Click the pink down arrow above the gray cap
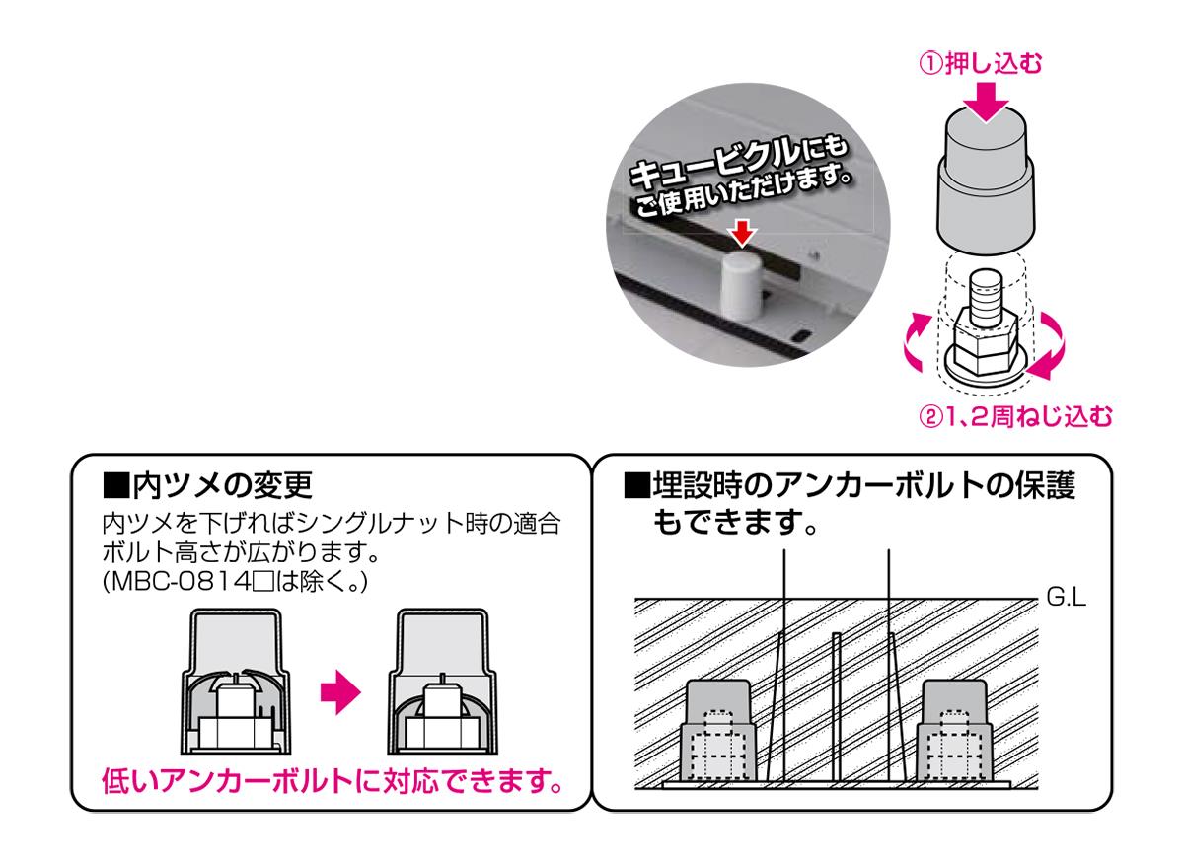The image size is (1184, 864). [986, 103]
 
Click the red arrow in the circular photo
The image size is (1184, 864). [743, 234]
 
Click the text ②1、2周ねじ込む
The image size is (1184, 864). [1015, 417]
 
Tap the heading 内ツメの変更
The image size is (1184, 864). [208, 485]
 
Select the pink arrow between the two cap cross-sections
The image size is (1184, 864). [340, 692]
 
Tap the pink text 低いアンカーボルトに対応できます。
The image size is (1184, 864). [333, 781]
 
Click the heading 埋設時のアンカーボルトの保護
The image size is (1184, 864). [850, 485]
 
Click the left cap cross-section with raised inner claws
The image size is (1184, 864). [236, 682]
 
